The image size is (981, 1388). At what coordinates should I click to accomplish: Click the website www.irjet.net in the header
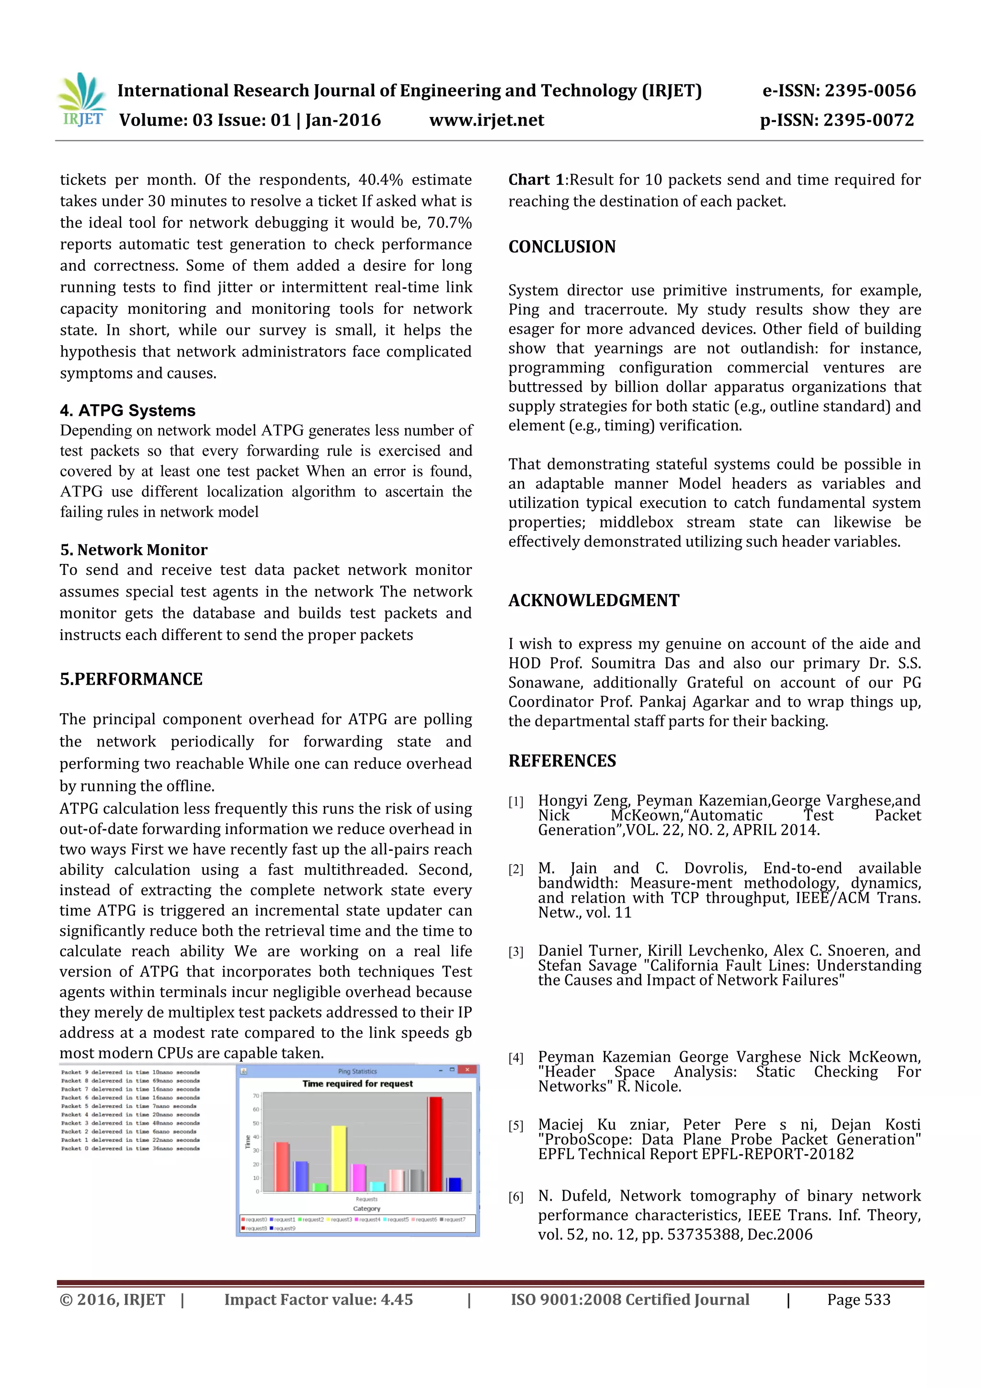[487, 120]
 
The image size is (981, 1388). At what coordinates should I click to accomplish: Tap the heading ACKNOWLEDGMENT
[593, 600]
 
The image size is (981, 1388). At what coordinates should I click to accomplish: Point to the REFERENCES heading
[562, 760]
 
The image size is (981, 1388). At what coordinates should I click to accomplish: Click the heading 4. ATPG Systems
[127, 411]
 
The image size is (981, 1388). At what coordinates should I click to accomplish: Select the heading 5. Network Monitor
[134, 550]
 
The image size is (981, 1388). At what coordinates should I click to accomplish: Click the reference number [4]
[515, 1058]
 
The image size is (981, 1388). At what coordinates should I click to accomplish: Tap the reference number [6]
[515, 1197]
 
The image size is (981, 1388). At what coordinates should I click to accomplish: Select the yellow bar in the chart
[339, 1159]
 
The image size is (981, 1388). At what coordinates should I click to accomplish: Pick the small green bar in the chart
[320, 1187]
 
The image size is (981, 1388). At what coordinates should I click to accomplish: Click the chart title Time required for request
[357, 1084]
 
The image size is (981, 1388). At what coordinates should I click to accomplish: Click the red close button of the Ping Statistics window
[467, 1070]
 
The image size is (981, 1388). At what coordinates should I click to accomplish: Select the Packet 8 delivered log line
[130, 1080]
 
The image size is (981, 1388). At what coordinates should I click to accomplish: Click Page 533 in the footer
[858, 1300]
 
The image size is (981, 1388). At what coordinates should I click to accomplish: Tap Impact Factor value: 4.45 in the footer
[319, 1300]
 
